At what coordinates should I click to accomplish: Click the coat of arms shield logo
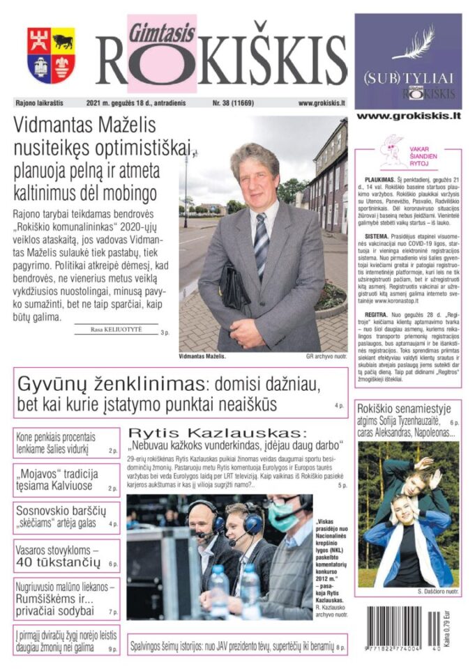coord(51,55)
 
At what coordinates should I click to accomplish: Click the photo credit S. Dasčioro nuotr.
coord(437,591)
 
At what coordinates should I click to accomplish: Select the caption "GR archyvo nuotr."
coord(326,357)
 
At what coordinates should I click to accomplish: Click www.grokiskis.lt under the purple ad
coord(408,116)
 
